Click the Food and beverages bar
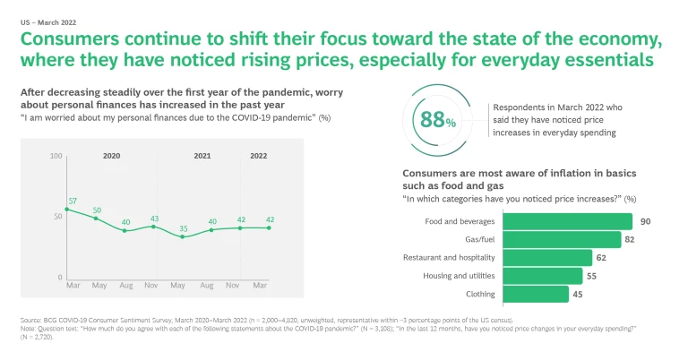[569, 221]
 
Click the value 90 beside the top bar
[645, 221]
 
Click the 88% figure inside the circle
[438, 120]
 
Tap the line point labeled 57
[67, 209]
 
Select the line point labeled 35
[182, 236]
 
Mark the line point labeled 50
[96, 218]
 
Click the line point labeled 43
[153, 227]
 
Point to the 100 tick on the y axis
[56, 157]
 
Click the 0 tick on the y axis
[60, 278]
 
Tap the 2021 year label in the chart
[202, 156]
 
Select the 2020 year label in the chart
[111, 156]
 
